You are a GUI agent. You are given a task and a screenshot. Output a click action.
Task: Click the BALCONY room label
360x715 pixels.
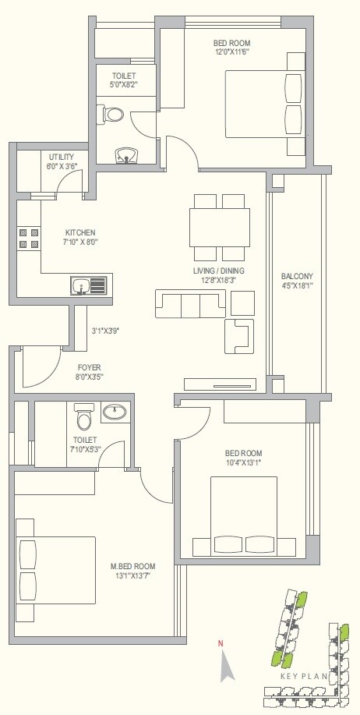pyautogui.click(x=297, y=276)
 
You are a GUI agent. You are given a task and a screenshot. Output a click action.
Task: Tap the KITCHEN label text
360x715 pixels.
pyautogui.click(x=80, y=232)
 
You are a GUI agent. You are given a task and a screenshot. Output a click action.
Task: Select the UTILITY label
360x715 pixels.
pyautogui.click(x=62, y=157)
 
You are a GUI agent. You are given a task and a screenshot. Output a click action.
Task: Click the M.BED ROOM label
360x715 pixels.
pyautogui.click(x=132, y=566)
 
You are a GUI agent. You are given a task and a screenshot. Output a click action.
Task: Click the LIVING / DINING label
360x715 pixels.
pyautogui.click(x=220, y=271)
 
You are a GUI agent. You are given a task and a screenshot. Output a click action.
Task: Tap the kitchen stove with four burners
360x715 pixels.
pyautogui.click(x=29, y=238)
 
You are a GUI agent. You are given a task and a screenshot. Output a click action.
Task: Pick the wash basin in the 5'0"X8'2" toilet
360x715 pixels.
pyautogui.click(x=125, y=155)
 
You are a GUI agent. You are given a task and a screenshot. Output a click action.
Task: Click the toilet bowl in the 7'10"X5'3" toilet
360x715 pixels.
pyautogui.click(x=84, y=419)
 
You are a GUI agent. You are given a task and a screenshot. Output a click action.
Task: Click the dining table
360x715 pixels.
pyautogui.click(x=221, y=226)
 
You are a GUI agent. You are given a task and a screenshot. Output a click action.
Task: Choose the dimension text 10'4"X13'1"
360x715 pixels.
pyautogui.click(x=243, y=462)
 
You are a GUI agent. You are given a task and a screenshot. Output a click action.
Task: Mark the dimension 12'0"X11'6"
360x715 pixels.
pyautogui.click(x=231, y=51)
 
